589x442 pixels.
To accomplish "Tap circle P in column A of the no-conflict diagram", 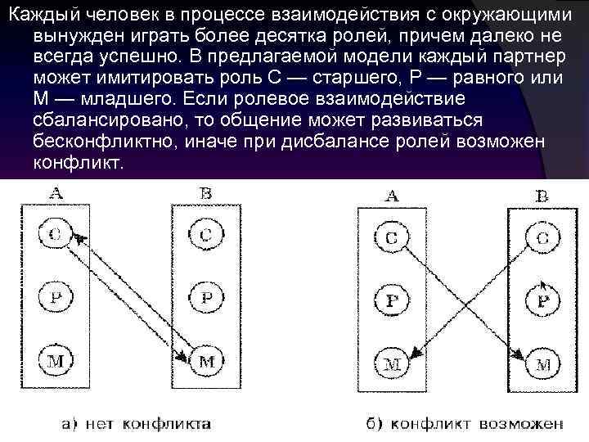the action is [x=55, y=295].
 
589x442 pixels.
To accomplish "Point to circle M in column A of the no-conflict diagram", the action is [x=55, y=358].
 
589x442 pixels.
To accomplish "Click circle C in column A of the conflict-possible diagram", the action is [x=392, y=238].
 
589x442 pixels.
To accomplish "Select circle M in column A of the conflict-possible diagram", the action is [x=392, y=360].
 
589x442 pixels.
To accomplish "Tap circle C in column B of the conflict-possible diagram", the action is [x=543, y=238].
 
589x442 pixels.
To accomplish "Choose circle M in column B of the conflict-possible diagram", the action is [x=543, y=362].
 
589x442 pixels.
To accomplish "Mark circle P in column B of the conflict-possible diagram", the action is [x=543, y=300].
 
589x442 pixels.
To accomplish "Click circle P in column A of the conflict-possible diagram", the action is [x=392, y=300].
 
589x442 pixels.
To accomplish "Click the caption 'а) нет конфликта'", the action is [x=137, y=423].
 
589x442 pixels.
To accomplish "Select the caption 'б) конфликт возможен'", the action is [x=464, y=424].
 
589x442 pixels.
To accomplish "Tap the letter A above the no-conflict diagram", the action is [x=56, y=193].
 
